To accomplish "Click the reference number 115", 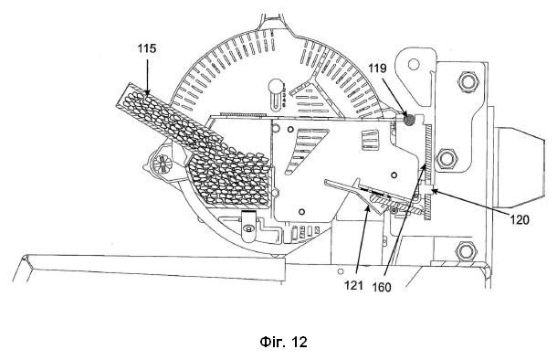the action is click(x=147, y=48).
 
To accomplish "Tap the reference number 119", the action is click(x=377, y=68).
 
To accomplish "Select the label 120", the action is click(x=520, y=220).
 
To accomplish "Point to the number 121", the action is click(x=353, y=285).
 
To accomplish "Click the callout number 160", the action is click(x=382, y=287).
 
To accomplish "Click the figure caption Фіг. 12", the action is click(x=283, y=342).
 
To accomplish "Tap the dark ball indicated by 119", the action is click(x=410, y=120).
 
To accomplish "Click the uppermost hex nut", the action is click(x=468, y=81).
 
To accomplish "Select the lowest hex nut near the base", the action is click(x=466, y=251).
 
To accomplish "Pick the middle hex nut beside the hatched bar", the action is click(x=446, y=158).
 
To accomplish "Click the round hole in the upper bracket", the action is click(x=414, y=64).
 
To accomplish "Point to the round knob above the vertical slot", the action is click(x=275, y=86).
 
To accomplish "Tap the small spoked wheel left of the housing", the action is click(x=163, y=164).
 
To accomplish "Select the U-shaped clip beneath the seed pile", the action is click(x=248, y=226).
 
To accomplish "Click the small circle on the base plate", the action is click(x=341, y=271).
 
